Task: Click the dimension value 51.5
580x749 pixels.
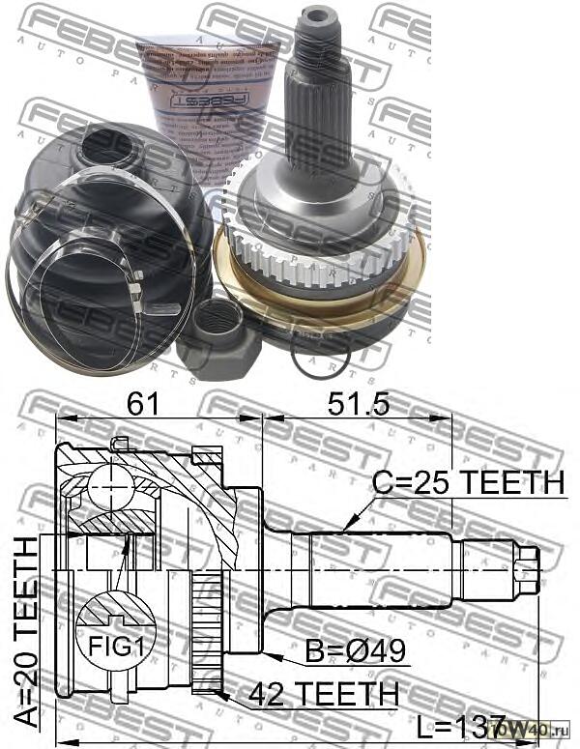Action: click(x=358, y=404)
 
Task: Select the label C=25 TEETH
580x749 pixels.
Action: click(x=468, y=481)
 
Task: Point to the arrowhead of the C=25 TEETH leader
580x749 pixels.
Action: click(x=342, y=531)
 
